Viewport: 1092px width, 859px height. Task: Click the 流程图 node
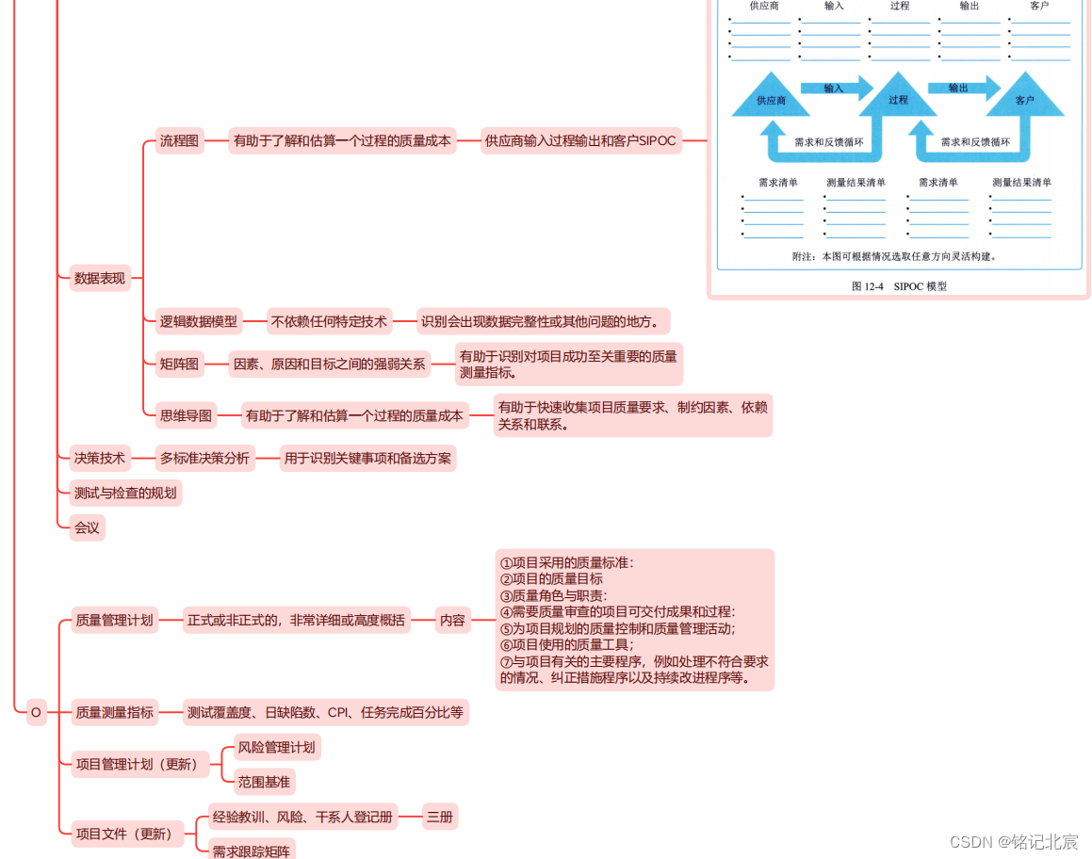pyautogui.click(x=179, y=141)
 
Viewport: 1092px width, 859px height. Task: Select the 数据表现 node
pyautogui.click(x=100, y=278)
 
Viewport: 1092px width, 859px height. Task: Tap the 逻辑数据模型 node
pyautogui.click(x=198, y=321)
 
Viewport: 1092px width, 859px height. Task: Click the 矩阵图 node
pyautogui.click(x=179, y=364)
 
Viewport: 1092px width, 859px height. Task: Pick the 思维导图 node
pyautogui.click(x=187, y=414)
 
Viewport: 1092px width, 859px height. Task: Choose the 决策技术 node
pyautogui.click(x=100, y=459)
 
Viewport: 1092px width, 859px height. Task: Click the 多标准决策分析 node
pyautogui.click(x=204, y=459)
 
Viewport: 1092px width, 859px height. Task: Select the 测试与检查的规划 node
pyautogui.click(x=125, y=493)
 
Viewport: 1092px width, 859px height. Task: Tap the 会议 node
pyautogui.click(x=87, y=527)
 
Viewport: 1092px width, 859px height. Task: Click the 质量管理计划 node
pyautogui.click(x=114, y=620)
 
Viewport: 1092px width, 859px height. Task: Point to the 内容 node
pyautogui.click(x=452, y=620)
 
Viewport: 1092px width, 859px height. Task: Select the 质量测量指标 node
pyautogui.click(x=114, y=712)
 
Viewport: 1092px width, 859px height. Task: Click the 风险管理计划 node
pyautogui.click(x=276, y=747)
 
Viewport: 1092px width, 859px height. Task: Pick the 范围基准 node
pyautogui.click(x=264, y=781)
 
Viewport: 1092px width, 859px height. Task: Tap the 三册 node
pyautogui.click(x=439, y=817)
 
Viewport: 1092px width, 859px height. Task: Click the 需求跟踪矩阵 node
pyautogui.click(x=252, y=850)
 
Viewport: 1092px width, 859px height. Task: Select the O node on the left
pyautogui.click(x=36, y=712)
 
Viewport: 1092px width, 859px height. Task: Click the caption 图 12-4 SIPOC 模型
pyautogui.click(x=899, y=286)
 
